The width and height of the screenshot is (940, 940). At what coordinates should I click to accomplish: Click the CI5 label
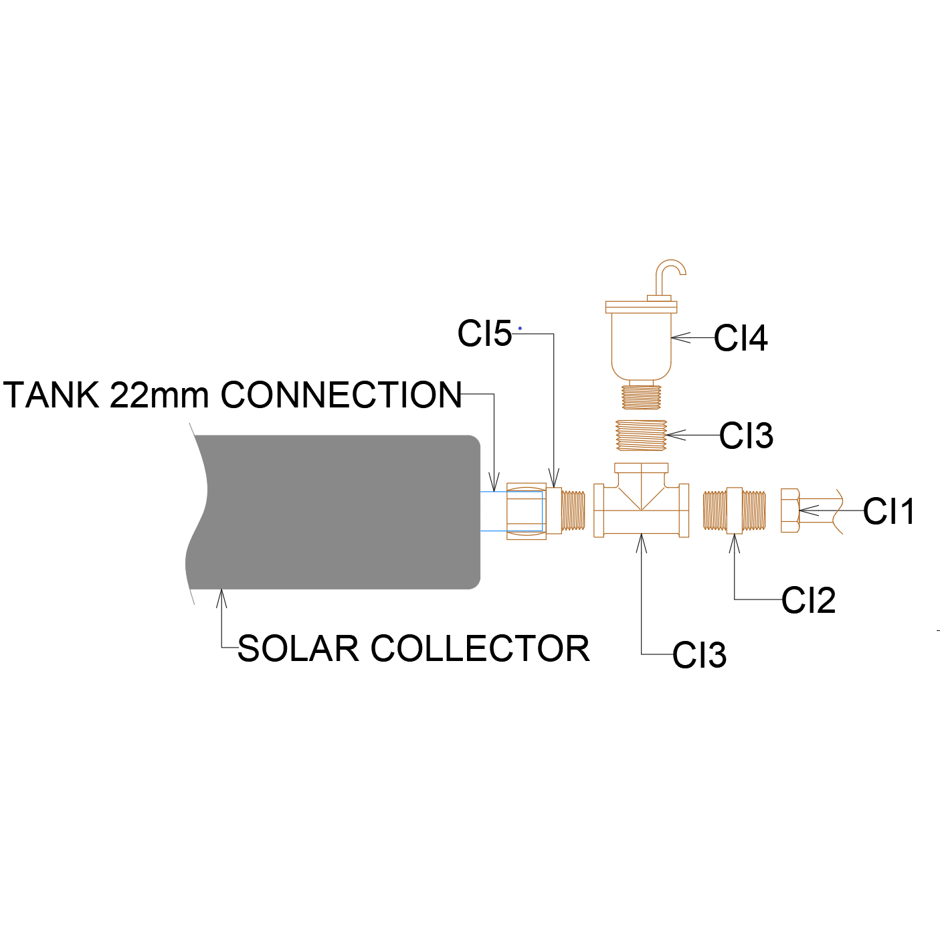pos(484,333)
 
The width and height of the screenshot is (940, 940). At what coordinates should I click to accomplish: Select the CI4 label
pos(741,338)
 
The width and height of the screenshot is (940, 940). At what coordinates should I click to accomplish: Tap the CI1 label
pos(888,512)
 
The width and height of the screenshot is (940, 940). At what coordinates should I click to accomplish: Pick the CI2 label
pos(808,600)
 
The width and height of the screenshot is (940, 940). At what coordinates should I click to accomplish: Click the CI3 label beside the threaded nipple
pos(746,436)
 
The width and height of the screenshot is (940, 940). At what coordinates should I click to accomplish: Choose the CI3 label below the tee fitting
pos(699,655)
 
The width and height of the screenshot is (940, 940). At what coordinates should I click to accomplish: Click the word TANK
pos(52,395)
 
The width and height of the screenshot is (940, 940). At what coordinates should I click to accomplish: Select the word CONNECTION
pos(341,395)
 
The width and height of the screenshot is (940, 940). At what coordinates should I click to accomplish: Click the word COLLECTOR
pos(480,649)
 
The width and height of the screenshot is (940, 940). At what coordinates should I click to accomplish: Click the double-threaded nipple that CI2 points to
pos(734,511)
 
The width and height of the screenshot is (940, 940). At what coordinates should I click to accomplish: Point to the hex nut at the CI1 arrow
pos(789,511)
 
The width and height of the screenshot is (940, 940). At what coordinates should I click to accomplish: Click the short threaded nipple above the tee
pos(641,435)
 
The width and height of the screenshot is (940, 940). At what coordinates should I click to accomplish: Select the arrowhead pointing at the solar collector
pos(221,597)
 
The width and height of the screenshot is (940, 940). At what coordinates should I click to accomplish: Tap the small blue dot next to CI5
pos(520,328)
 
